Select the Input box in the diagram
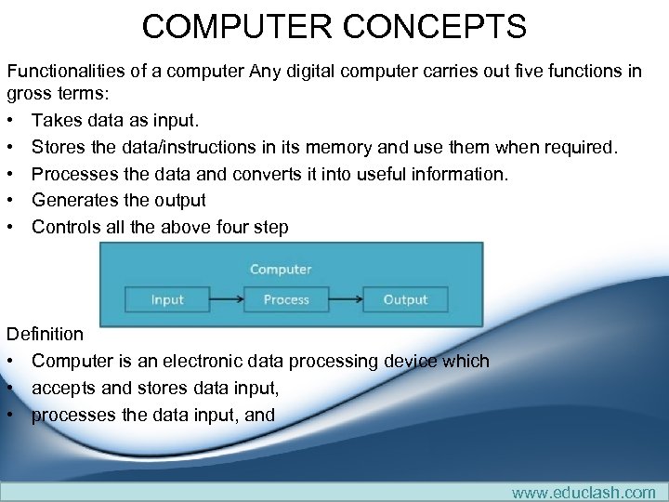tap(167, 299)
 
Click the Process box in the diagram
tap(286, 299)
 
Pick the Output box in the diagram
tap(405, 299)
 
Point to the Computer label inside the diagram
tap(281, 270)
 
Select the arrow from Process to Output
tap(346, 299)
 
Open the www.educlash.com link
tap(584, 492)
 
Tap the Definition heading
tap(45, 334)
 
